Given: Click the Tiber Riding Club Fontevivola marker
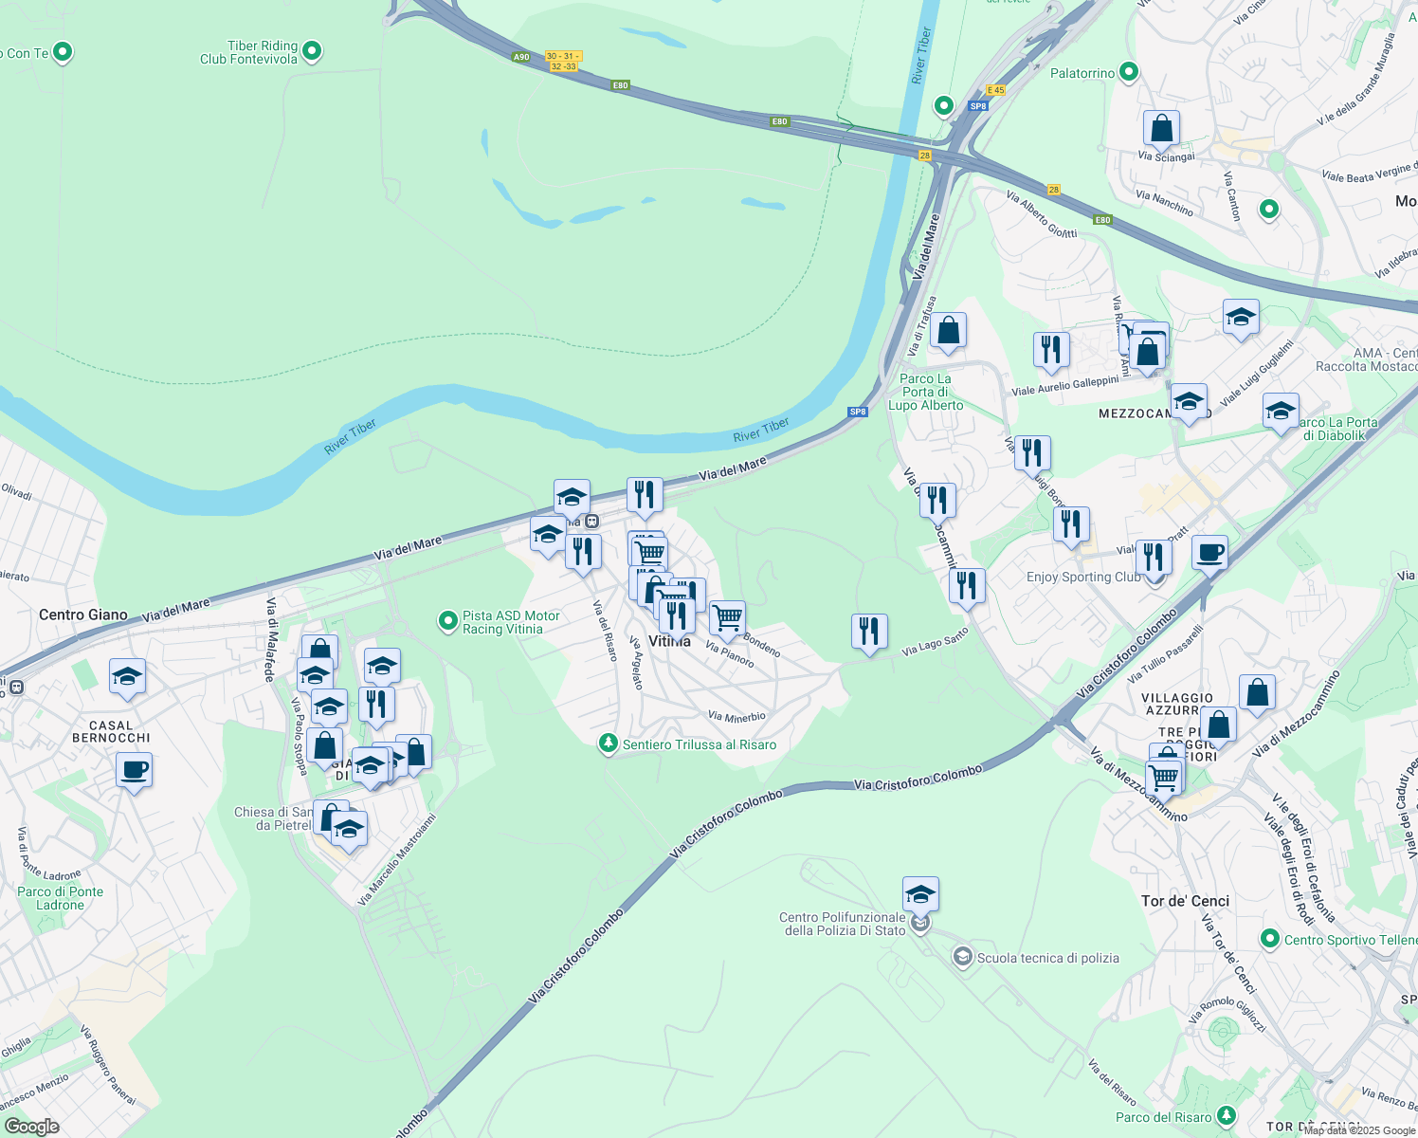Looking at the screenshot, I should (x=313, y=51).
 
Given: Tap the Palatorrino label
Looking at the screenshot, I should (x=1082, y=73).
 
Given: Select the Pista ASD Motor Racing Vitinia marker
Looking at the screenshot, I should (x=447, y=621).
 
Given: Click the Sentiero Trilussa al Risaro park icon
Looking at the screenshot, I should (x=609, y=743).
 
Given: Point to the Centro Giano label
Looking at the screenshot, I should (x=83, y=615).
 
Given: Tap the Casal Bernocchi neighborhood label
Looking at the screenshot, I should (x=111, y=731).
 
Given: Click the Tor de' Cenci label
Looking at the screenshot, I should (x=1185, y=901).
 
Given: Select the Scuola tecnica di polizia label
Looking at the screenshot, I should (x=1047, y=958).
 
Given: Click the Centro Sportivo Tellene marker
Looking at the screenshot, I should (x=1270, y=939).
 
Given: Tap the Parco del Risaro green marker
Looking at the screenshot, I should (x=1227, y=1115).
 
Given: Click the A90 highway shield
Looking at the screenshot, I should (x=521, y=57).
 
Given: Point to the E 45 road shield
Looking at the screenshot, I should (x=995, y=90).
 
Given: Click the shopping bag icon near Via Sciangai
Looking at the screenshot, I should (x=1161, y=128).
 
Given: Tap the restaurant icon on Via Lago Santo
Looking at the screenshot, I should (x=869, y=631).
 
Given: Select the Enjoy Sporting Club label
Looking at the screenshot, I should (x=1083, y=577).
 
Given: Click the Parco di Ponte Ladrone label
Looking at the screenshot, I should (x=61, y=898).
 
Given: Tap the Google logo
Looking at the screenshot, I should (x=31, y=1127).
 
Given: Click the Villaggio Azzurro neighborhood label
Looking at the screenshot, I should (x=1177, y=704).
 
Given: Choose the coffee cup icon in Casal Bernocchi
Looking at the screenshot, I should (x=134, y=769).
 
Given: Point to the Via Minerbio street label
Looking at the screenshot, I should (x=736, y=717).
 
